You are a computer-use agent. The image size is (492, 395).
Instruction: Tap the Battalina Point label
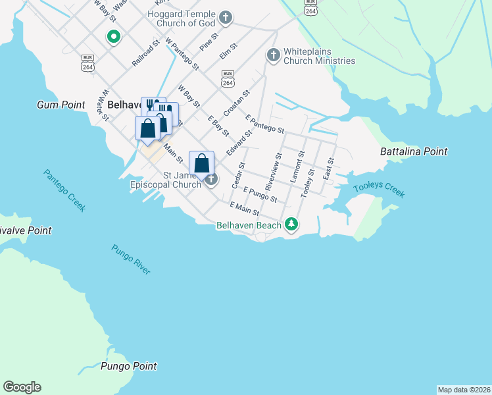tap(414, 151)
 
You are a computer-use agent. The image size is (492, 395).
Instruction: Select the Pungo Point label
tap(129, 366)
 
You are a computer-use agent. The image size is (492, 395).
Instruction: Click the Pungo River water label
tap(131, 259)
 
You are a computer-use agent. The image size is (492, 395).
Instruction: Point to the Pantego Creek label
tap(64, 190)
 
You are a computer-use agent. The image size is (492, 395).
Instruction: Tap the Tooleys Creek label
tap(379, 190)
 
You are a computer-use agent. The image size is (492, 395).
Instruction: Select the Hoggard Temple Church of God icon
tap(226, 17)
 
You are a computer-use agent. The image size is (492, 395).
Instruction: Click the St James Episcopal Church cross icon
tap(210, 179)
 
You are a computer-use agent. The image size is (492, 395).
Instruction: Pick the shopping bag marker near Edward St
tap(202, 164)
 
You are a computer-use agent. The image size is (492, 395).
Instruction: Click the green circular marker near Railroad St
tap(113, 37)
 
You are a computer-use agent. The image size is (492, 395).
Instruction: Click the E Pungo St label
tap(260, 194)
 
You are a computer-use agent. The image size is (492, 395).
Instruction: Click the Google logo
tap(22, 387)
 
